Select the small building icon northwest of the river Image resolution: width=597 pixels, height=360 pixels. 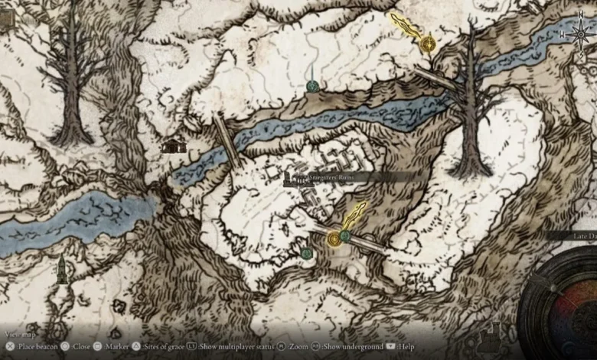175,145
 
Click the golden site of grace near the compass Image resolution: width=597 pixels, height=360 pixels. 428,44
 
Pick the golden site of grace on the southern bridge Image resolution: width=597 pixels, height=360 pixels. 334,239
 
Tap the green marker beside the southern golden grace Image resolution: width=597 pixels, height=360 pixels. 346,235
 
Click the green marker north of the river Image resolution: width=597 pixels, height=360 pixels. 312,87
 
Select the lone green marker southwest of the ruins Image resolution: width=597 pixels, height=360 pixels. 307,253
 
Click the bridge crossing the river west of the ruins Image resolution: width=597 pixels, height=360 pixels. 228,141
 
